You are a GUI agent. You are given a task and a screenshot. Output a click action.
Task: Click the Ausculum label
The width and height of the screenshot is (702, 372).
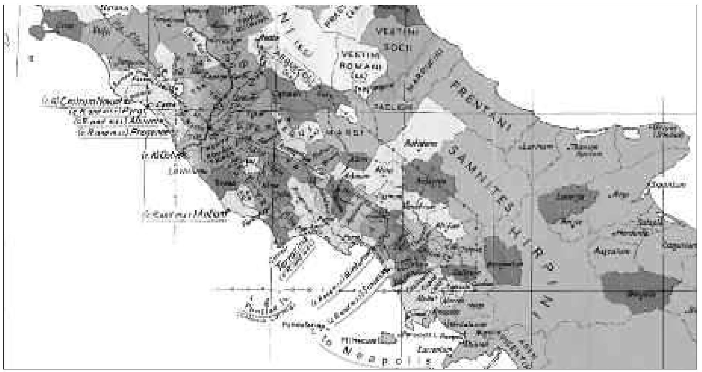click(x=612, y=251)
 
